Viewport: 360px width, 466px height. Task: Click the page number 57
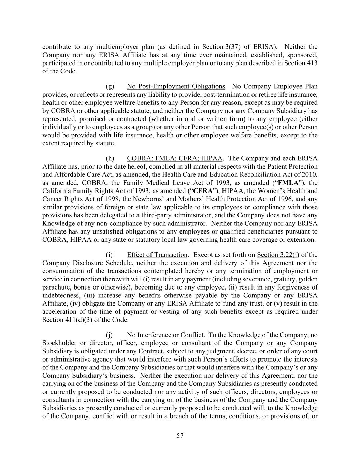180,435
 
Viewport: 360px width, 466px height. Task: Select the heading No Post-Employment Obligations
176,86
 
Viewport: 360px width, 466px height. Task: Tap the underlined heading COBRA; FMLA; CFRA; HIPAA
174,158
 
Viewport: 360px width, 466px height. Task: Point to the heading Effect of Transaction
157,255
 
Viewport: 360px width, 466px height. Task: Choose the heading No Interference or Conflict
165,335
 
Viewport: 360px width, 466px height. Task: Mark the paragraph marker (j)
110,335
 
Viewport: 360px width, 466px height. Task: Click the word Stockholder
58,343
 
